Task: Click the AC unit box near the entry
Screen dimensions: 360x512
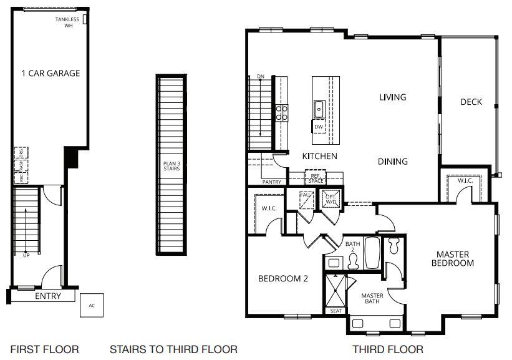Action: click(92, 306)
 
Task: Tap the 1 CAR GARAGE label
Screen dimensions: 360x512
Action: click(51, 73)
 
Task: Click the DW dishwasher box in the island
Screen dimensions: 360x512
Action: click(319, 127)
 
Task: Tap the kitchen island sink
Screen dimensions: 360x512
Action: click(319, 109)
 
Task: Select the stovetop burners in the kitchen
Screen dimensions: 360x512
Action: click(282, 112)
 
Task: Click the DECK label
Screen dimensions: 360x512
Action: click(471, 102)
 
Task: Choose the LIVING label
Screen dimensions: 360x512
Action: click(393, 97)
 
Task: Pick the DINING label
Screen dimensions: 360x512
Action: click(393, 162)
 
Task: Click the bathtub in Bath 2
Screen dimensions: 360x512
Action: click(372, 253)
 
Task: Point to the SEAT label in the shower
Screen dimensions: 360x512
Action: click(336, 311)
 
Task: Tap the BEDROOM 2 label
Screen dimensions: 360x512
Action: click(283, 279)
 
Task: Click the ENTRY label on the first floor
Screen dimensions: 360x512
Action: click(48, 296)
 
